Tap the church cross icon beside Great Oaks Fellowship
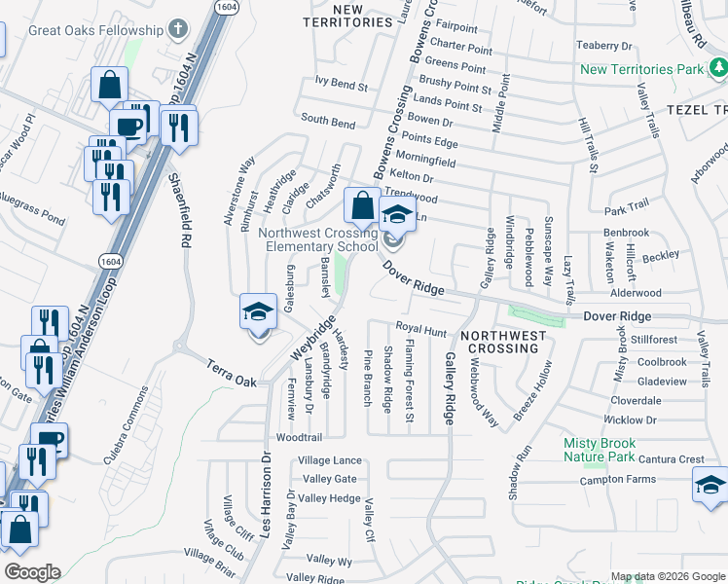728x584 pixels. tap(177, 29)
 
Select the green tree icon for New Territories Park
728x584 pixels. tap(717, 68)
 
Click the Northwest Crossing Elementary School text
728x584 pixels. tap(317, 239)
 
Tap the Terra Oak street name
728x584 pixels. tap(232, 374)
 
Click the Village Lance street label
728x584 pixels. tap(330, 460)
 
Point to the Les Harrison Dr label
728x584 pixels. tap(265, 496)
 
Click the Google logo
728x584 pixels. tap(31, 572)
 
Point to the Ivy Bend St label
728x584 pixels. tap(335, 86)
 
